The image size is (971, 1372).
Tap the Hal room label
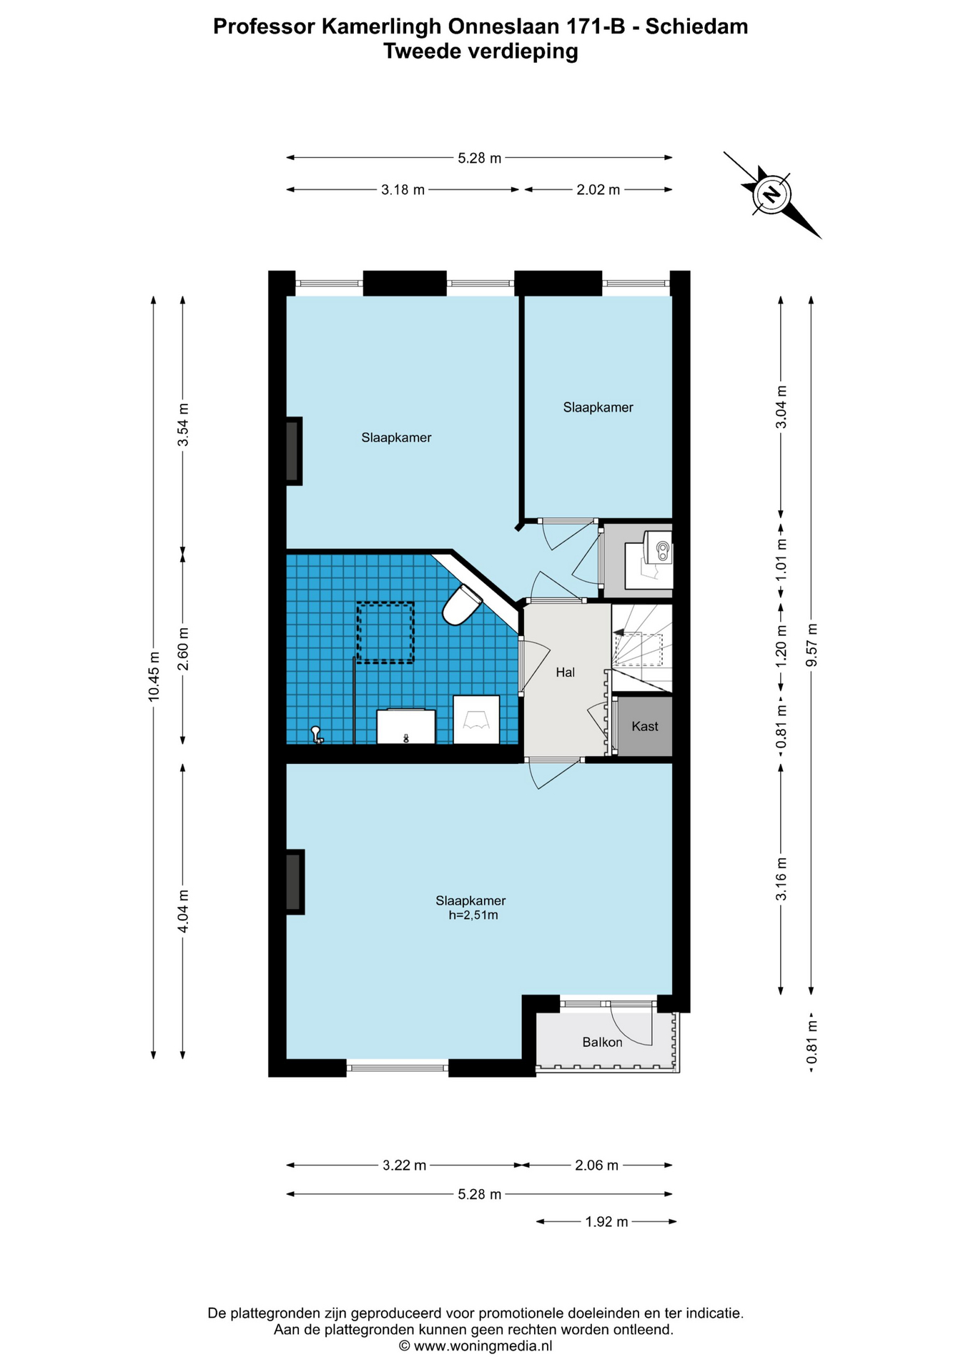coord(565,672)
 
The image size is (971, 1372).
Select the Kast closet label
coord(645,726)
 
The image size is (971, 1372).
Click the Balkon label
coord(602,1042)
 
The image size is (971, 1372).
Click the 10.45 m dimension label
coord(154,677)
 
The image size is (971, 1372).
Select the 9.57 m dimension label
coord(811,645)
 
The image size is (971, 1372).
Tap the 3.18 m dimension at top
coord(403,189)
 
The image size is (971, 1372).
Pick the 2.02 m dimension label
coord(598,189)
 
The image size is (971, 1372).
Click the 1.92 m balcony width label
coord(606,1222)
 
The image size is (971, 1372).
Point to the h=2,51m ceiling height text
coord(473,915)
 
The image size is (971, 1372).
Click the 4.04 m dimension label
coord(183,911)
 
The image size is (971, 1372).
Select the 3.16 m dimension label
coord(781,879)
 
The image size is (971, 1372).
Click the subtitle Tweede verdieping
coord(480,51)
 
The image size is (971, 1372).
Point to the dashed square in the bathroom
coord(385,632)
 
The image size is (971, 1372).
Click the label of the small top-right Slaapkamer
coord(598,407)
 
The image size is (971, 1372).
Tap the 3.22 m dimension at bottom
coord(404,1165)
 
